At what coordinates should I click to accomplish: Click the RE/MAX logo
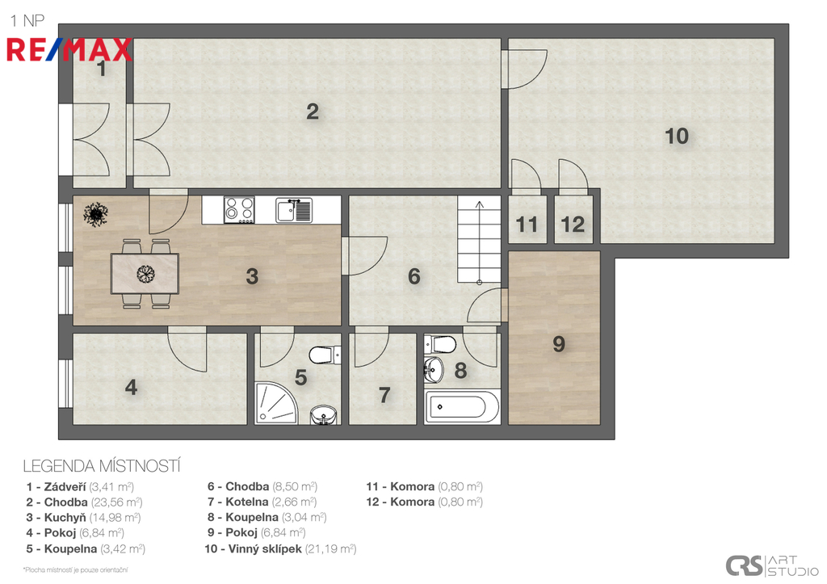(69, 50)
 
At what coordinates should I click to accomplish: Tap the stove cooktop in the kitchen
(239, 209)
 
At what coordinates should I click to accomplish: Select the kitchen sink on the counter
(294, 210)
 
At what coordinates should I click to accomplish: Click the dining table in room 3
(145, 273)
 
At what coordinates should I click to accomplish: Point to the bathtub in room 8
(461, 407)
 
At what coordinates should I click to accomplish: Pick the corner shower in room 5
(275, 404)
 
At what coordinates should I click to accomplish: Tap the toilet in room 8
(440, 344)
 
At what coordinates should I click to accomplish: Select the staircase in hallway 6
(479, 240)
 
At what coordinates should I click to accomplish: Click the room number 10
(677, 137)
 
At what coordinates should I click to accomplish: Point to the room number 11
(527, 225)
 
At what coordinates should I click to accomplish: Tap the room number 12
(573, 225)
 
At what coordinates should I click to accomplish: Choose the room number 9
(559, 344)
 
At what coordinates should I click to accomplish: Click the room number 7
(384, 395)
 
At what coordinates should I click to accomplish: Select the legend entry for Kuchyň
(83, 518)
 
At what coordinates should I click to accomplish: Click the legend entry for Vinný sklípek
(280, 548)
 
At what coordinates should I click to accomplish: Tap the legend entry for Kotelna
(262, 502)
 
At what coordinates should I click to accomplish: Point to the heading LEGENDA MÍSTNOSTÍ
(102, 466)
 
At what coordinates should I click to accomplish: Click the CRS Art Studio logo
(771, 565)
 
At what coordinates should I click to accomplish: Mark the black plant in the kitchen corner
(95, 214)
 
